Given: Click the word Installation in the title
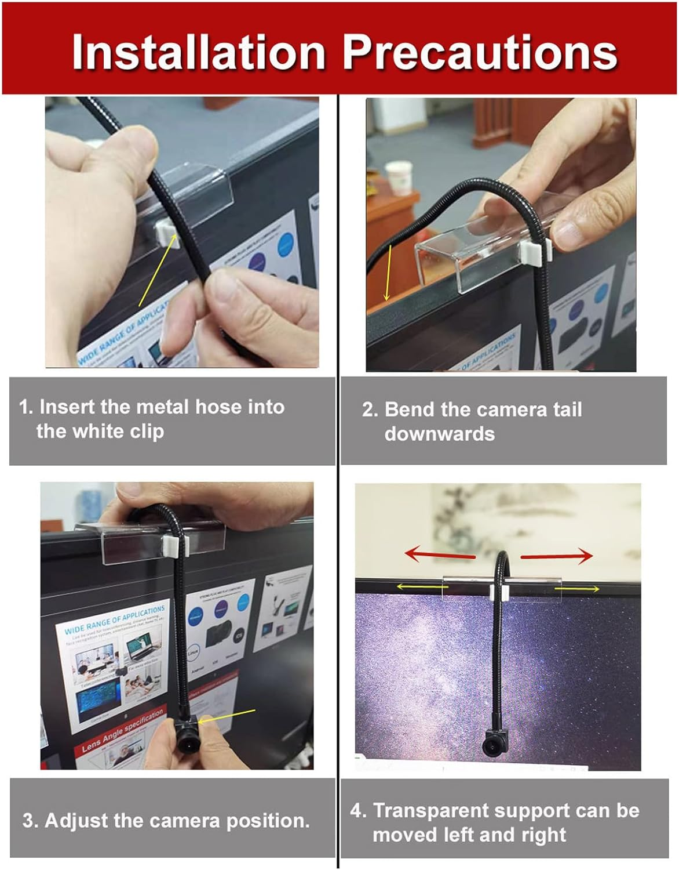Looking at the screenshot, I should click(x=198, y=52).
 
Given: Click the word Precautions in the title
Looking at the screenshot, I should click(x=480, y=52).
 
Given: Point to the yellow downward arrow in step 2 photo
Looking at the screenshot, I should click(x=389, y=273).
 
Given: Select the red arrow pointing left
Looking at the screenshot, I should click(x=440, y=554).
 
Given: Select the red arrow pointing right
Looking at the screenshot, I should click(x=556, y=556).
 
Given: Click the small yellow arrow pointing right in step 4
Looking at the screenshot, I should click(x=577, y=589).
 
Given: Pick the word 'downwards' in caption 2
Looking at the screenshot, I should click(x=439, y=434).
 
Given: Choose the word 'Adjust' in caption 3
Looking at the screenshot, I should click(x=76, y=821).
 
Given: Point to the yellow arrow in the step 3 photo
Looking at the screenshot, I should click(x=229, y=715).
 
